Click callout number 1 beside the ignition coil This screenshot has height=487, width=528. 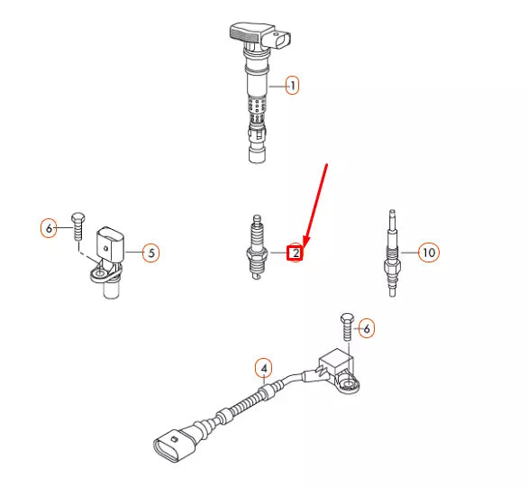(x=292, y=86)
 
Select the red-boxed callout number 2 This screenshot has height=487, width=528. (x=294, y=253)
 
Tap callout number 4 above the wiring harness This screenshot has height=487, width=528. (x=263, y=368)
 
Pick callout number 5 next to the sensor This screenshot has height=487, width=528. (x=151, y=253)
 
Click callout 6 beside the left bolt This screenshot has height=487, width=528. (x=50, y=226)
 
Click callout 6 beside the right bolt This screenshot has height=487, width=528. (x=365, y=329)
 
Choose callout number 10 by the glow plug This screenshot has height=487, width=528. (x=428, y=253)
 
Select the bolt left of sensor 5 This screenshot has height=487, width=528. (x=77, y=225)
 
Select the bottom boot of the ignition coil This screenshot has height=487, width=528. (x=258, y=149)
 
